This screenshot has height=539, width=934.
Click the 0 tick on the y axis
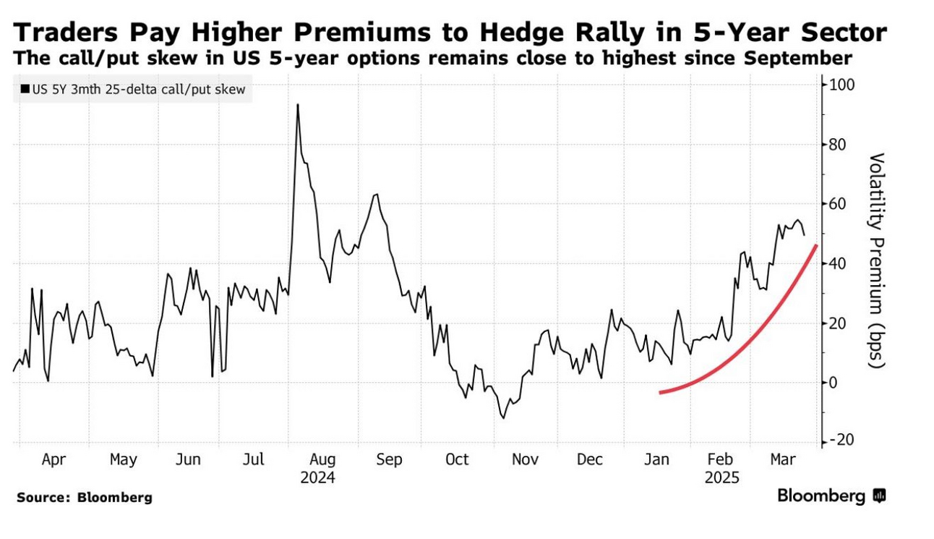point(833,383)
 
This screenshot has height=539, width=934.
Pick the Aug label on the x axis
point(322,459)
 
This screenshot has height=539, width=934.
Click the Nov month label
point(525,459)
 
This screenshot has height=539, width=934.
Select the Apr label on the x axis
point(55,459)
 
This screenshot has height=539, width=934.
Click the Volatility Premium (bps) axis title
point(877,260)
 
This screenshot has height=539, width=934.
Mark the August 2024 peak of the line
point(297,105)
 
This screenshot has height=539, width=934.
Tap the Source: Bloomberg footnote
point(85,498)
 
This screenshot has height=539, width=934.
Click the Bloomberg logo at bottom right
point(831,496)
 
